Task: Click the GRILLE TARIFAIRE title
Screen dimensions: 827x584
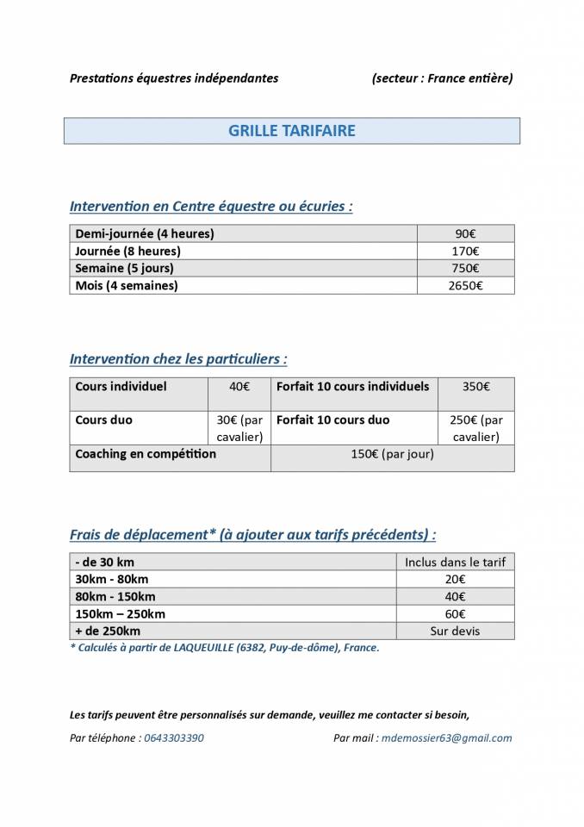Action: click(x=291, y=131)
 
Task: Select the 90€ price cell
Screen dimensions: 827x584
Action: click(x=465, y=233)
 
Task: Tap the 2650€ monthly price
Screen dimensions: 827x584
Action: click(x=465, y=285)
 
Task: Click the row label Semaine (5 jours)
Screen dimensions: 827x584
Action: click(x=124, y=268)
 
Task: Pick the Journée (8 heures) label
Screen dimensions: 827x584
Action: click(x=128, y=251)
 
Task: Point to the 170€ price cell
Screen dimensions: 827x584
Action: click(x=465, y=251)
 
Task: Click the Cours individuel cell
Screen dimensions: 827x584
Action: click(x=121, y=387)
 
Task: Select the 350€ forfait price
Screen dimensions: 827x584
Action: click(x=475, y=387)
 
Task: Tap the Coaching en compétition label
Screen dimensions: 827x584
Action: click(x=146, y=454)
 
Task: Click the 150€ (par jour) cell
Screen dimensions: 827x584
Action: click(x=393, y=454)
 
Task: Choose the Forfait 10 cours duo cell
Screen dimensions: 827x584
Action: click(x=332, y=420)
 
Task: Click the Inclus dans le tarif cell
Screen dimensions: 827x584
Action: click(x=455, y=562)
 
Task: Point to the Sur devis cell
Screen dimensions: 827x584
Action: click(x=455, y=631)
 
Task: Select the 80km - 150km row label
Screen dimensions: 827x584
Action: click(x=115, y=596)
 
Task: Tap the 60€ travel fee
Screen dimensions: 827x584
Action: click(x=455, y=613)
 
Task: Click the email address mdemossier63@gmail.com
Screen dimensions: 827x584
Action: click(x=446, y=738)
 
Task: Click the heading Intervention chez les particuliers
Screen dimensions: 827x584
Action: click(x=178, y=358)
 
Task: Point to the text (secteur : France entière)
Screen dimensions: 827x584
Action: click(x=442, y=78)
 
